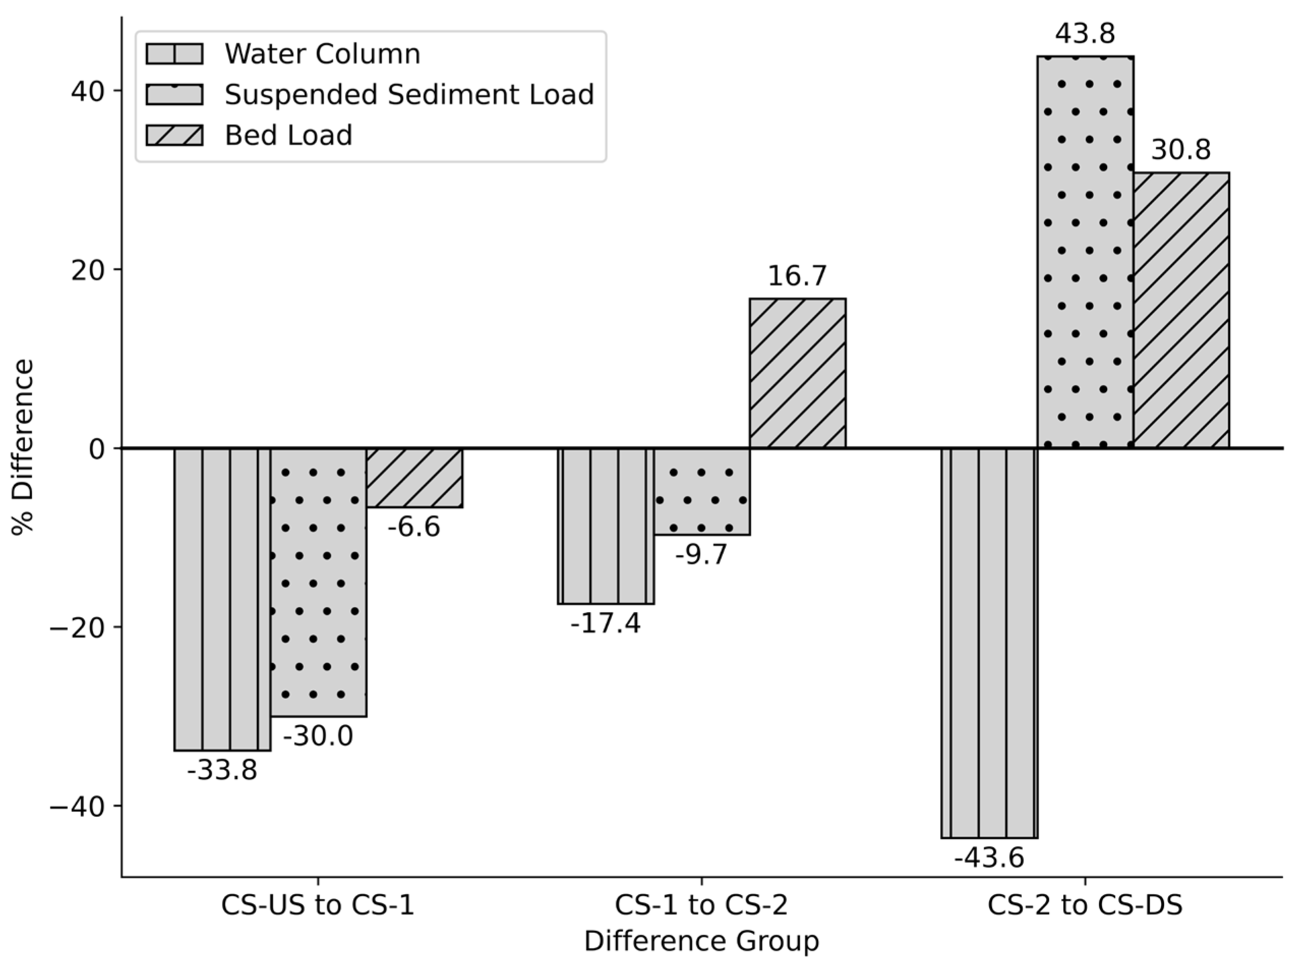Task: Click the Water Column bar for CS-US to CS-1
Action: tap(222, 599)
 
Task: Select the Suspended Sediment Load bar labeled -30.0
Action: tap(318, 582)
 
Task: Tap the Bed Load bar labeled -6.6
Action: tap(415, 478)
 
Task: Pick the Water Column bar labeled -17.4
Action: tap(606, 526)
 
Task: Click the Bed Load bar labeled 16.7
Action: tap(797, 373)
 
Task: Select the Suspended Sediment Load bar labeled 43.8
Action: tap(1085, 252)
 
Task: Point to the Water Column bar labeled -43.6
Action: tap(989, 643)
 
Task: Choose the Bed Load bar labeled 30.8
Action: tap(1181, 310)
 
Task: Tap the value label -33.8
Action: tap(222, 770)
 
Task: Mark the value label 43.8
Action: tap(1085, 34)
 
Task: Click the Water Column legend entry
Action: tap(322, 54)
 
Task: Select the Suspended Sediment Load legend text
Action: tap(409, 94)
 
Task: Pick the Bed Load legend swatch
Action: tap(175, 135)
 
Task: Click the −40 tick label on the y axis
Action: tap(77, 806)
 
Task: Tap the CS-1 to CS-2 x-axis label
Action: tap(701, 905)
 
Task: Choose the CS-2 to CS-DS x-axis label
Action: tap(1085, 905)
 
